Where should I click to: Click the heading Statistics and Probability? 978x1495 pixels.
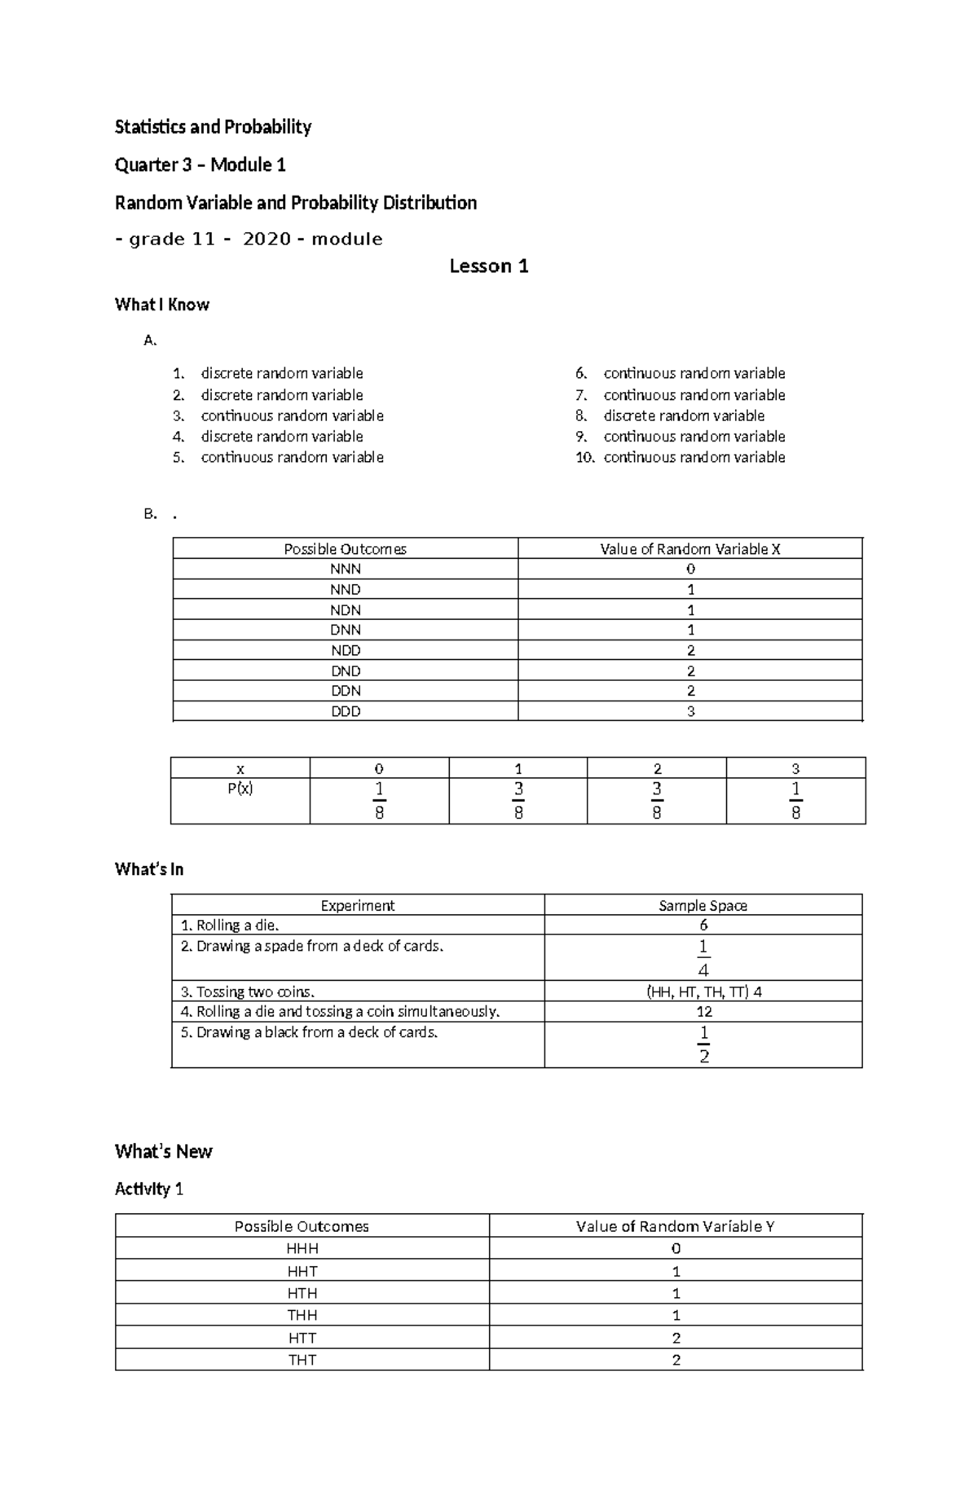pos(213,126)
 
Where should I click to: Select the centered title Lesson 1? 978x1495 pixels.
pos(489,266)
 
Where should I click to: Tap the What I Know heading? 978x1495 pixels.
pos(162,305)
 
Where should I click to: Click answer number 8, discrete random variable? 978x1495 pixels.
pos(683,416)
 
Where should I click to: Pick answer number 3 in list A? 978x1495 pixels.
pos(291,416)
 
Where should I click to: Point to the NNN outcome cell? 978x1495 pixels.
pos(345,569)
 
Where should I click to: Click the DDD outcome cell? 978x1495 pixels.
pos(345,711)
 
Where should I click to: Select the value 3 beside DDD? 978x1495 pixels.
pos(690,711)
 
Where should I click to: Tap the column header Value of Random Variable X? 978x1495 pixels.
pos(690,549)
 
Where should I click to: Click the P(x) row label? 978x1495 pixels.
pos(240,789)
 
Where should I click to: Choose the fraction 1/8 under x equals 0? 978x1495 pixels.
pos(379,800)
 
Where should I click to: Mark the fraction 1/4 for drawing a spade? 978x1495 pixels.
pos(703,957)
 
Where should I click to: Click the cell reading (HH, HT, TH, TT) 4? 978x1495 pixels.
pos(703,992)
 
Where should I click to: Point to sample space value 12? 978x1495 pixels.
pos(704,1012)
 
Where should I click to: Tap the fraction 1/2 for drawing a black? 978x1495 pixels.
pos(703,1044)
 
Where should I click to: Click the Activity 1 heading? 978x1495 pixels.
pos(149,1189)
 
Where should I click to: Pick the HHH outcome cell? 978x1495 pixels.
pos(302,1248)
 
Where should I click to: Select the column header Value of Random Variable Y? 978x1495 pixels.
pos(675,1226)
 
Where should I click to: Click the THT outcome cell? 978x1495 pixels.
pos(302,1359)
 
